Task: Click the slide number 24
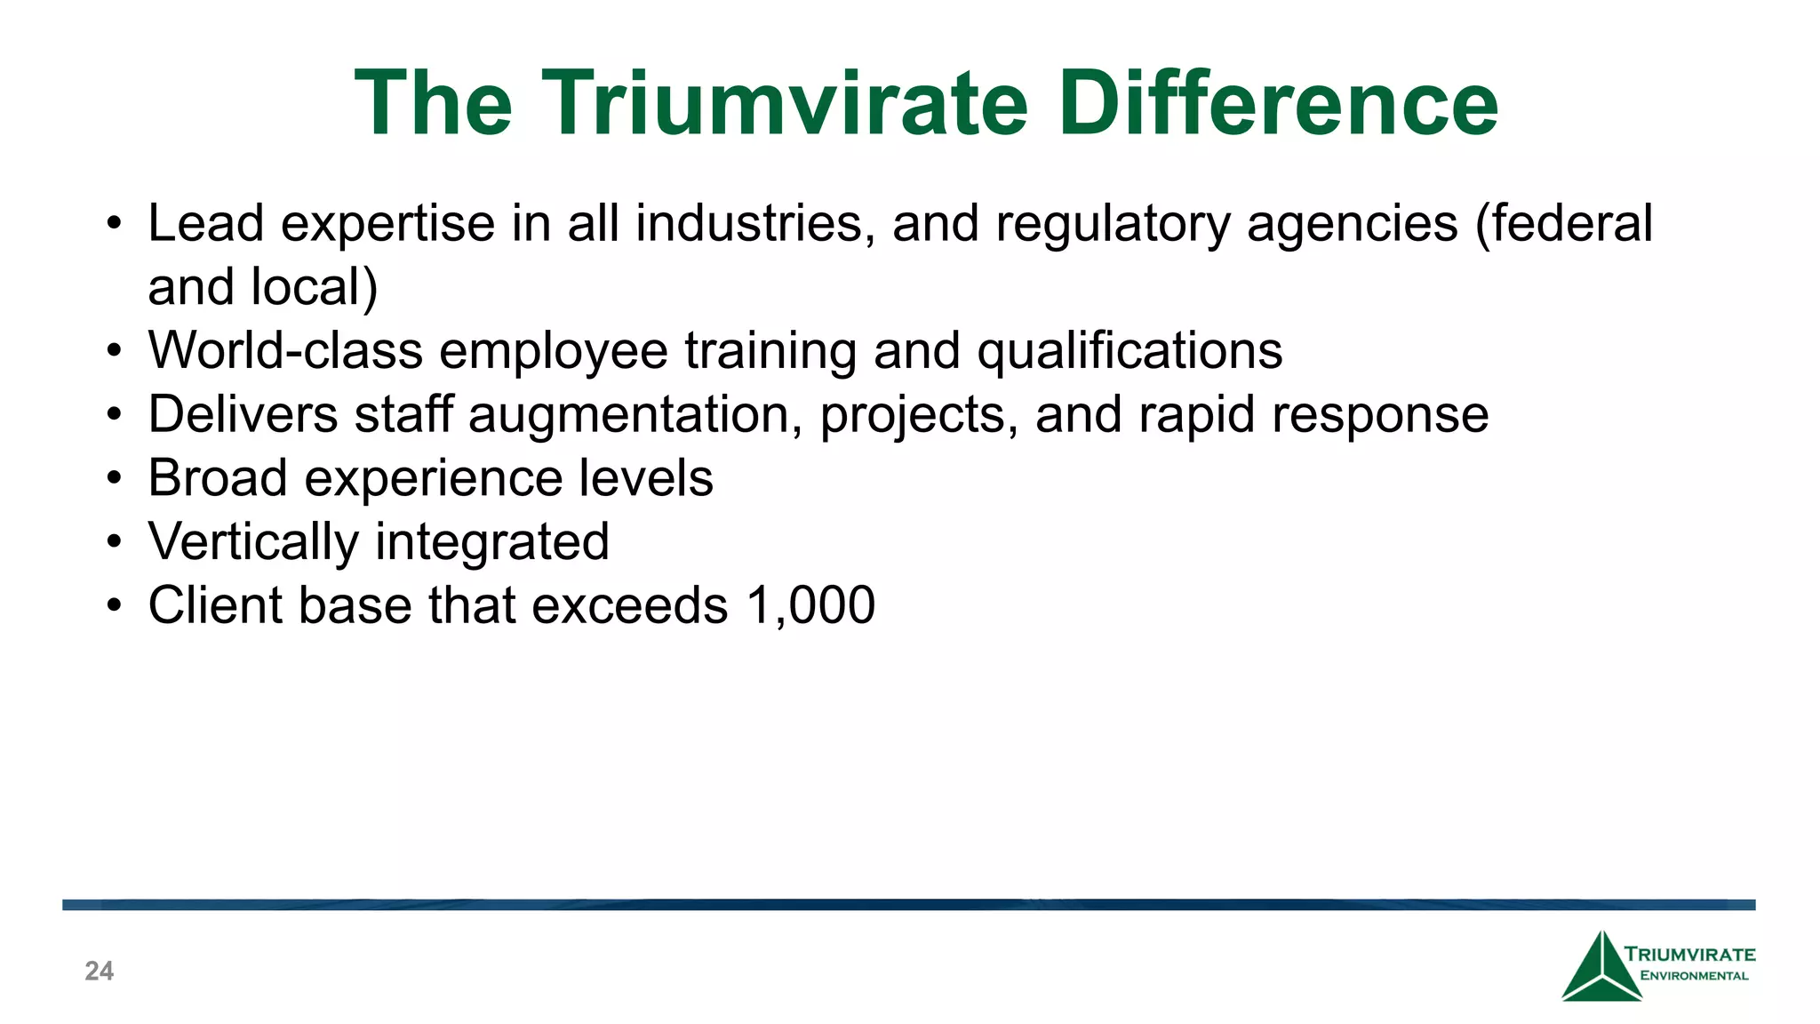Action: [x=99, y=971]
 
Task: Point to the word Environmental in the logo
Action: [x=1694, y=976]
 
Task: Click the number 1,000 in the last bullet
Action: [x=810, y=605]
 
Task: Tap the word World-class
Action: [x=285, y=350]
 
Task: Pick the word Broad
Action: [x=218, y=478]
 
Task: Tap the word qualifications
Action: [x=1130, y=350]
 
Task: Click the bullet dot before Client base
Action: [x=113, y=606]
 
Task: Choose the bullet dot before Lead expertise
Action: [x=113, y=224]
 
